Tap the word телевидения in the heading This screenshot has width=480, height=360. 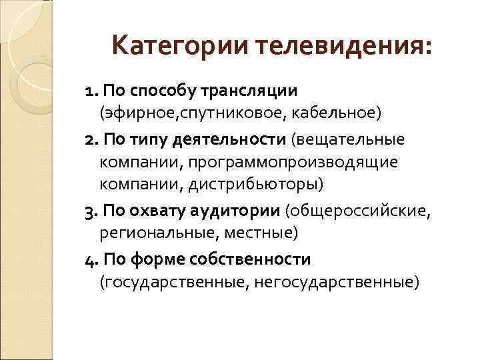tap(342, 47)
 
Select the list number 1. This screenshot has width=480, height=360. tap(89, 90)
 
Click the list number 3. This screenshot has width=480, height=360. tap(90, 212)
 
